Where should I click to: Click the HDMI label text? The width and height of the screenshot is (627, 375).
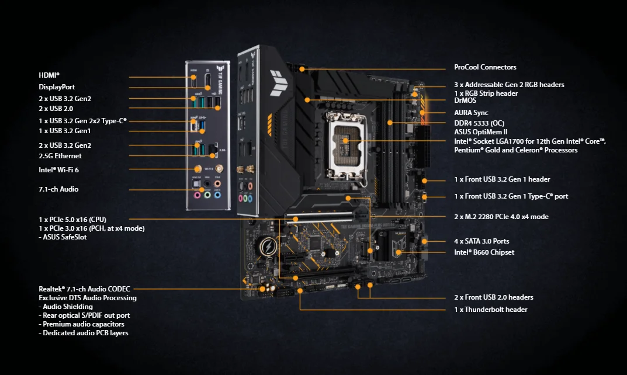pos(49,75)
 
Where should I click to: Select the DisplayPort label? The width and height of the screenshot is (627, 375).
pos(57,87)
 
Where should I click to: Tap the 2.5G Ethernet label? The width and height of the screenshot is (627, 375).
pos(60,156)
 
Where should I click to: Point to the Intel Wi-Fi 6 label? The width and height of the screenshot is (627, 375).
pos(58,169)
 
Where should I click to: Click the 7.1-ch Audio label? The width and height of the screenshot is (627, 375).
pos(58,189)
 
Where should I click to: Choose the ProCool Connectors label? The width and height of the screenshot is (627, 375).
pos(485,67)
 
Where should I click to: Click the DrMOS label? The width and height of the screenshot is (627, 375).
pos(465,100)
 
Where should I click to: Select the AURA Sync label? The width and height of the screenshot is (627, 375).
pos(471,113)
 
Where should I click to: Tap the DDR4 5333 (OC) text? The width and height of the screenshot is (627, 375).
pos(479,123)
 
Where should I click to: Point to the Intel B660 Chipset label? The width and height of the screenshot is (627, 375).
pos(484,252)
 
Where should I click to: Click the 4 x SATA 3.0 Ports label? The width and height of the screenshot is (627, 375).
pos(481,241)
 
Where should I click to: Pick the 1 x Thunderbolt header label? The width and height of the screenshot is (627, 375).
pos(490,310)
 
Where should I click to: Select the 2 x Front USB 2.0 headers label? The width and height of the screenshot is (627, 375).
pos(493,297)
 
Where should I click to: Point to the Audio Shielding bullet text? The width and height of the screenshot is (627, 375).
pos(65,307)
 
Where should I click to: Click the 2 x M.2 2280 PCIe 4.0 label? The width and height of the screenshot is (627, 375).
pos(501,217)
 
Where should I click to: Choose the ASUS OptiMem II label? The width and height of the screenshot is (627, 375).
pos(481,132)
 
